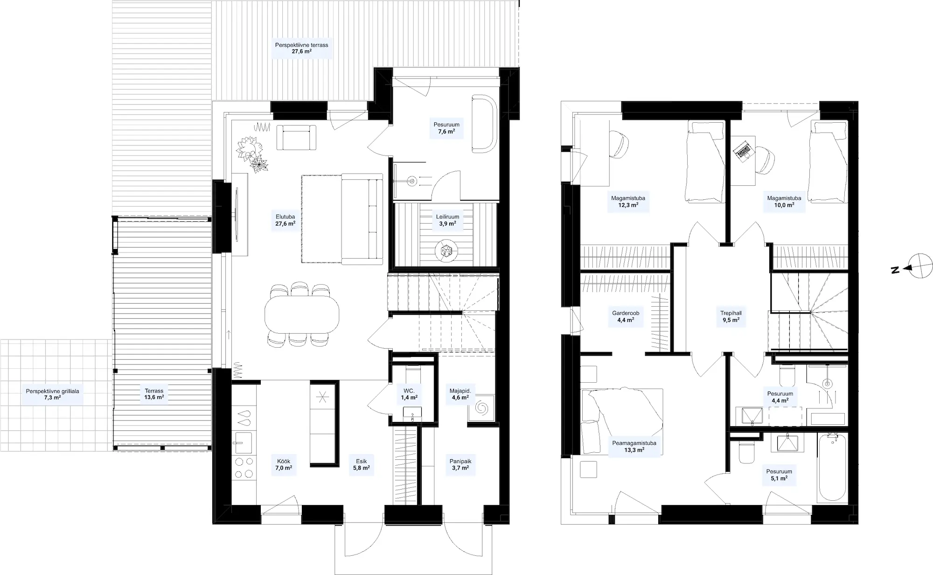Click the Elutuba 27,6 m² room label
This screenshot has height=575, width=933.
tap(285, 220)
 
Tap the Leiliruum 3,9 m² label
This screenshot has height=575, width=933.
tap(447, 220)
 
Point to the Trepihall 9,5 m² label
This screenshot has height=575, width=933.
tap(731, 317)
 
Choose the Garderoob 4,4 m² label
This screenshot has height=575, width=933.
tap(626, 317)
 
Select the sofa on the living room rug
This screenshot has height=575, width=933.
tap(362, 217)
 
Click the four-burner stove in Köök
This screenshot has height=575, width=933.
tap(244, 468)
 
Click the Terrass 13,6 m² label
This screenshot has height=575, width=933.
tap(154, 394)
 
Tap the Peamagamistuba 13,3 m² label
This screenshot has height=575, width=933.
tap(634, 447)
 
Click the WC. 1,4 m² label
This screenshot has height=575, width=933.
tap(409, 394)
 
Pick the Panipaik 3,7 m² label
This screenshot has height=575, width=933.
tap(460, 464)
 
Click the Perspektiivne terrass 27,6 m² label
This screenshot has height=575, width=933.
tap(302, 48)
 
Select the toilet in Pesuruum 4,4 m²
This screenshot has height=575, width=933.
tap(787, 374)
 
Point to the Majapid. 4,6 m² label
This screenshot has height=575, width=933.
tap(460, 394)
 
